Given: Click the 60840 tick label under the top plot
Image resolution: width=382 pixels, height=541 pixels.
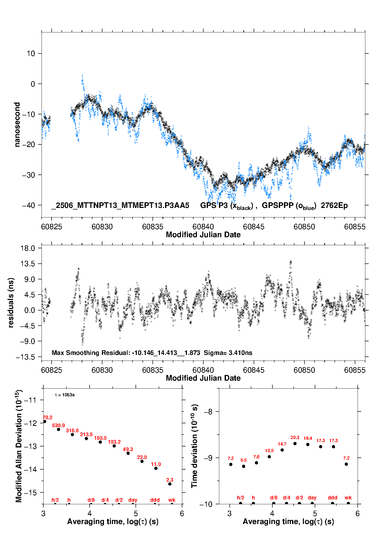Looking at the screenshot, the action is pyautogui.click(x=203, y=227).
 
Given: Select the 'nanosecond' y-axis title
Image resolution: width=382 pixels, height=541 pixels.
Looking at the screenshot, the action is pyautogui.click(x=17, y=124).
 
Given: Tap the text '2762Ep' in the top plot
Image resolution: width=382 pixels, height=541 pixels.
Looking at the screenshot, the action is pyautogui.click(x=334, y=206).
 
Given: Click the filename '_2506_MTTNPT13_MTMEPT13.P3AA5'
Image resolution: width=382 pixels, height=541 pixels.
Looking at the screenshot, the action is pyautogui.click(x=120, y=206).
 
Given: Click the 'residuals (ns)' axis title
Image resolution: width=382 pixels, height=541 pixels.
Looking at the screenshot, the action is pyautogui.click(x=11, y=302).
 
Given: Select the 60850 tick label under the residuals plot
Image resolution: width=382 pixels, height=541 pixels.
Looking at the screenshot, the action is pyautogui.click(x=304, y=370).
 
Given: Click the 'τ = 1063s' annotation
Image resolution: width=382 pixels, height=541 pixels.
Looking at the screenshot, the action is pyautogui.click(x=65, y=395).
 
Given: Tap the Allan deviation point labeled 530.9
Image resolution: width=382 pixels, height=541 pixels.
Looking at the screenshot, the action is pyautogui.click(x=59, y=429).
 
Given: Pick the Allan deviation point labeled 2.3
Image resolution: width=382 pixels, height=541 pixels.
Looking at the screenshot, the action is pyautogui.click(x=170, y=484).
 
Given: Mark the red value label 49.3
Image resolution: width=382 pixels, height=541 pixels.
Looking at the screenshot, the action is pyautogui.click(x=128, y=449).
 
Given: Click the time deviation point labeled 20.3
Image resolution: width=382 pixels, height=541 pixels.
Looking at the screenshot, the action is pyautogui.click(x=295, y=444).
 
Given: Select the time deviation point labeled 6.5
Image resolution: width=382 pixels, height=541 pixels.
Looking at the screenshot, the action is pyautogui.click(x=244, y=466).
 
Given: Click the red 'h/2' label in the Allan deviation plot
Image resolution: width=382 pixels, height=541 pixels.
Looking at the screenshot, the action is pyautogui.click(x=55, y=500).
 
